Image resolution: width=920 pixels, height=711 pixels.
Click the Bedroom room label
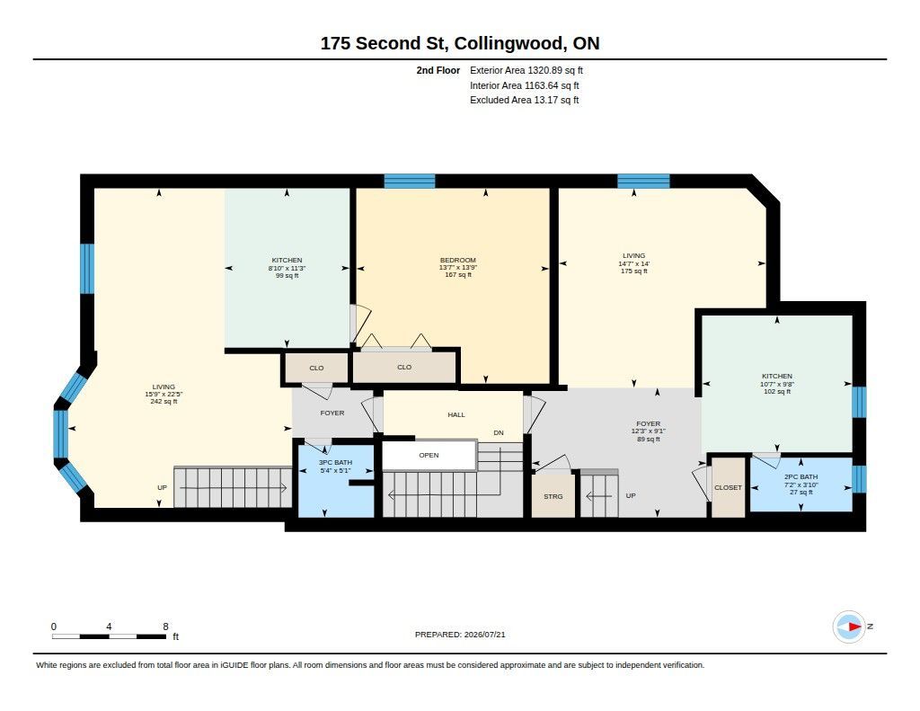point(457,260)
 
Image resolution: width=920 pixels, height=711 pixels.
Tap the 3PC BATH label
point(335,463)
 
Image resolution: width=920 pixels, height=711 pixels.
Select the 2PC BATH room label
point(801,476)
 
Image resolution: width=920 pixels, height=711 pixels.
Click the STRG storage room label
point(553,497)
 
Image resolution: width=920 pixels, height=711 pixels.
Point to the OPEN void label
point(429,455)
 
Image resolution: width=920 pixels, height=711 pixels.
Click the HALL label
point(456,414)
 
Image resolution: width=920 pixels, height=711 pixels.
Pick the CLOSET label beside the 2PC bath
point(728,487)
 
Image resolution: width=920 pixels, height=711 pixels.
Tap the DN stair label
point(498,432)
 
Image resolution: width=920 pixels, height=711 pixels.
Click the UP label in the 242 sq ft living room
point(162,487)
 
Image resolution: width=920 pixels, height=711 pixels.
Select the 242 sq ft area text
point(164,402)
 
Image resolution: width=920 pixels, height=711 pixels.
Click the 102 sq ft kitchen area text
point(777,391)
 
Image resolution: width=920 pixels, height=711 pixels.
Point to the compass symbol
point(849,627)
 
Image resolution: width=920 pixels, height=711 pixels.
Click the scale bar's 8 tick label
point(165,627)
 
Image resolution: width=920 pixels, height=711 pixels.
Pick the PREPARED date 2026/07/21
point(484,635)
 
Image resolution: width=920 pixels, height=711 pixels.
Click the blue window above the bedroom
point(410,181)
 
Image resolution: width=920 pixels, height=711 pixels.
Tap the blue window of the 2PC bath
point(859,479)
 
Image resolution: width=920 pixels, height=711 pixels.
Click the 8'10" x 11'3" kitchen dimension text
point(287,268)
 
